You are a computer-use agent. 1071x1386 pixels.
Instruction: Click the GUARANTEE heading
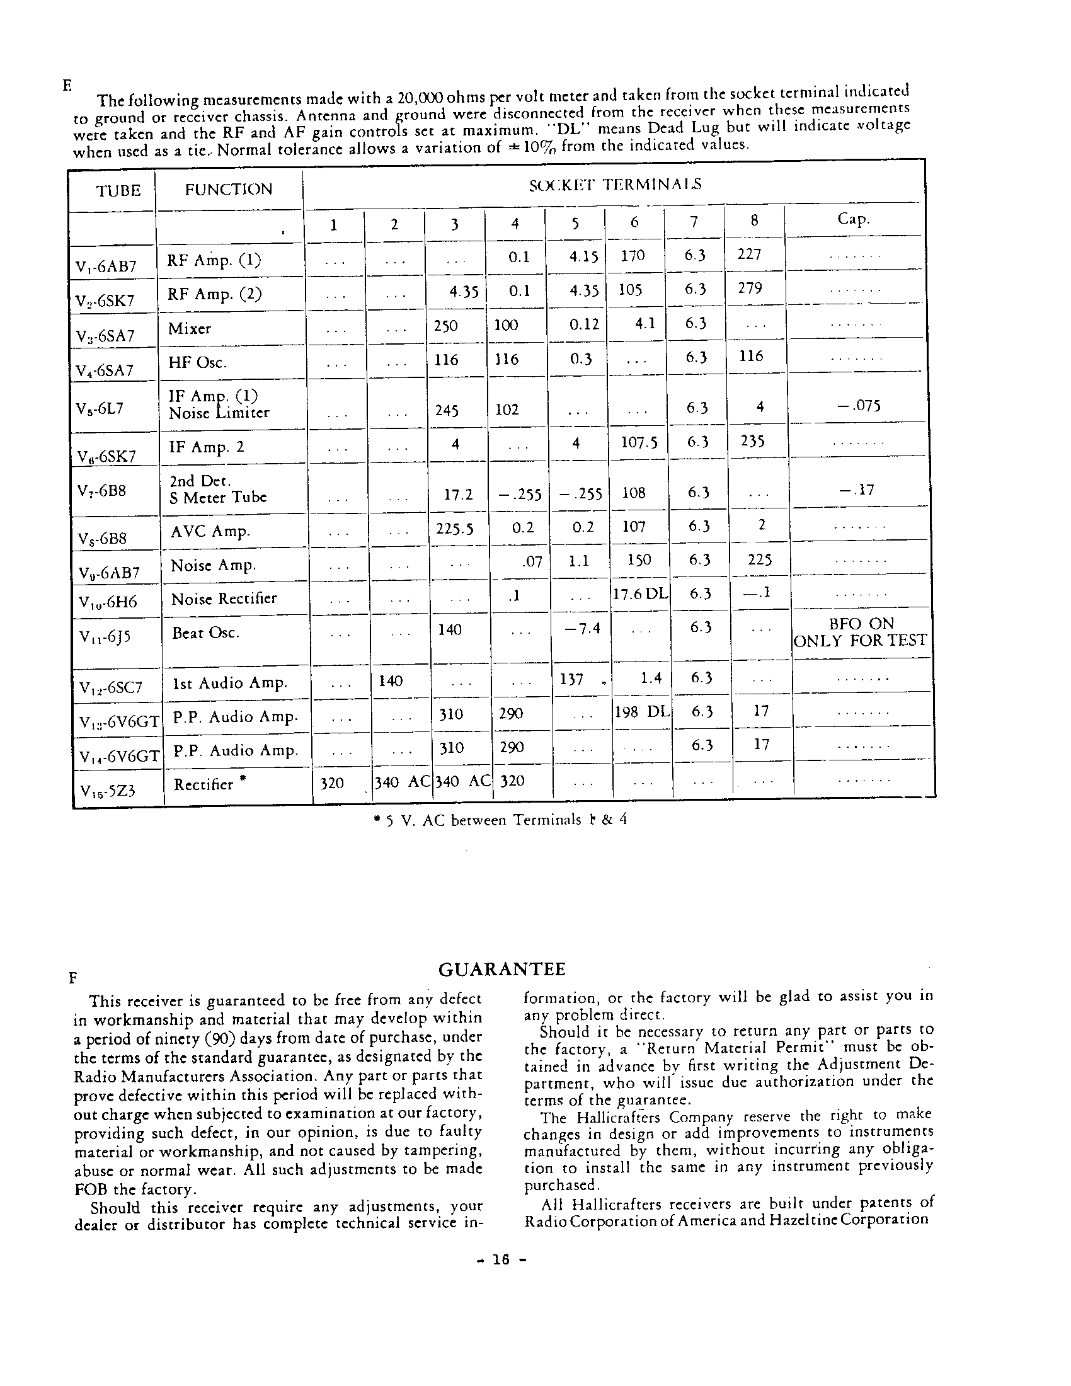[501, 970]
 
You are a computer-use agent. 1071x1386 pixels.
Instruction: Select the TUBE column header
[118, 190]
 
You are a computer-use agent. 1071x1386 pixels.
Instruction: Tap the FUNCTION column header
[229, 189]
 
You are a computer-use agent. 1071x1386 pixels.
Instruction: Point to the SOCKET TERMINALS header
[615, 185]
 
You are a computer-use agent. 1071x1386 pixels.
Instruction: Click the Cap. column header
[854, 219]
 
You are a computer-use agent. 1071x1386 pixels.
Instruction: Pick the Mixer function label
[189, 329]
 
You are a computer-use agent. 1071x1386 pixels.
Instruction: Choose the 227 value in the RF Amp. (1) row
[749, 254]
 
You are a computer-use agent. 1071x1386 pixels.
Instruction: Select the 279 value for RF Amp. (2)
[749, 288]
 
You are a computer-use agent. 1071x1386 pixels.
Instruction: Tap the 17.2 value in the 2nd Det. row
[458, 494]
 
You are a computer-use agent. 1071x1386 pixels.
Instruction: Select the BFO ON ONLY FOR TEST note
[861, 632]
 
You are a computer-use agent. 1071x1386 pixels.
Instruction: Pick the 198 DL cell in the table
[642, 712]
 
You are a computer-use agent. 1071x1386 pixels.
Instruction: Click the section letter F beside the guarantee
[73, 978]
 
